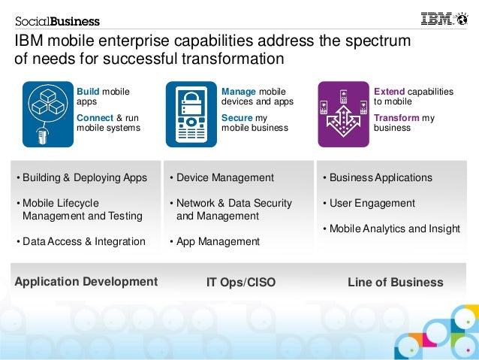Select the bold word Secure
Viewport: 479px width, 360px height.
[236, 118]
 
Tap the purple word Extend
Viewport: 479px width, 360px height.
[389, 92]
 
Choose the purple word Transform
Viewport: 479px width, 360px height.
[396, 118]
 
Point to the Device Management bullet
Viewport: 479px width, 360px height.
[221, 178]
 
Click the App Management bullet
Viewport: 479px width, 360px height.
[215, 242]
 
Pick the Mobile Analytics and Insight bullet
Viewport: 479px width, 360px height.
[391, 228]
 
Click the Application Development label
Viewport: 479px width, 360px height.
[86, 282]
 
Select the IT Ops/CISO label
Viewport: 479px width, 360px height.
[241, 283]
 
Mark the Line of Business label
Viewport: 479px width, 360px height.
[396, 283]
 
